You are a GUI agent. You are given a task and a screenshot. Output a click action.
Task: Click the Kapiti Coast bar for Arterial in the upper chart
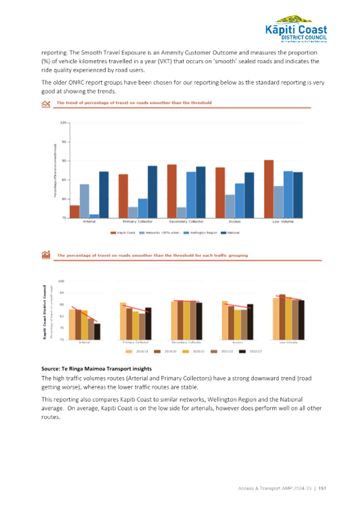click(74, 212)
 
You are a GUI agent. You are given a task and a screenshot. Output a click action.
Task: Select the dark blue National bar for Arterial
click(103, 194)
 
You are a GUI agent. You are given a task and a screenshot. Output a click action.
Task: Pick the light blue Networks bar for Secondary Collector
click(181, 212)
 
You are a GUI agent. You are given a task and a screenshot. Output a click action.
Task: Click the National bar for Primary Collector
click(152, 191)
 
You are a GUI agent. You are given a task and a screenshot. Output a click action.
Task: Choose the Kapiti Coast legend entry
click(123, 232)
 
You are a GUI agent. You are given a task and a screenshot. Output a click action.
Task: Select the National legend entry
click(229, 232)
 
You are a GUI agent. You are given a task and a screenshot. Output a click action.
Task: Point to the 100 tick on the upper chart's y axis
click(64, 122)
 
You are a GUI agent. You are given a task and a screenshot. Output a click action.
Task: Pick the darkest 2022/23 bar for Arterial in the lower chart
click(97, 331)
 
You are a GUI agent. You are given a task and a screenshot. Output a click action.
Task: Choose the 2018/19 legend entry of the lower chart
click(141, 351)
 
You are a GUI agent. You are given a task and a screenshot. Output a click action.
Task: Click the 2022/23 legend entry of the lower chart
click(251, 351)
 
